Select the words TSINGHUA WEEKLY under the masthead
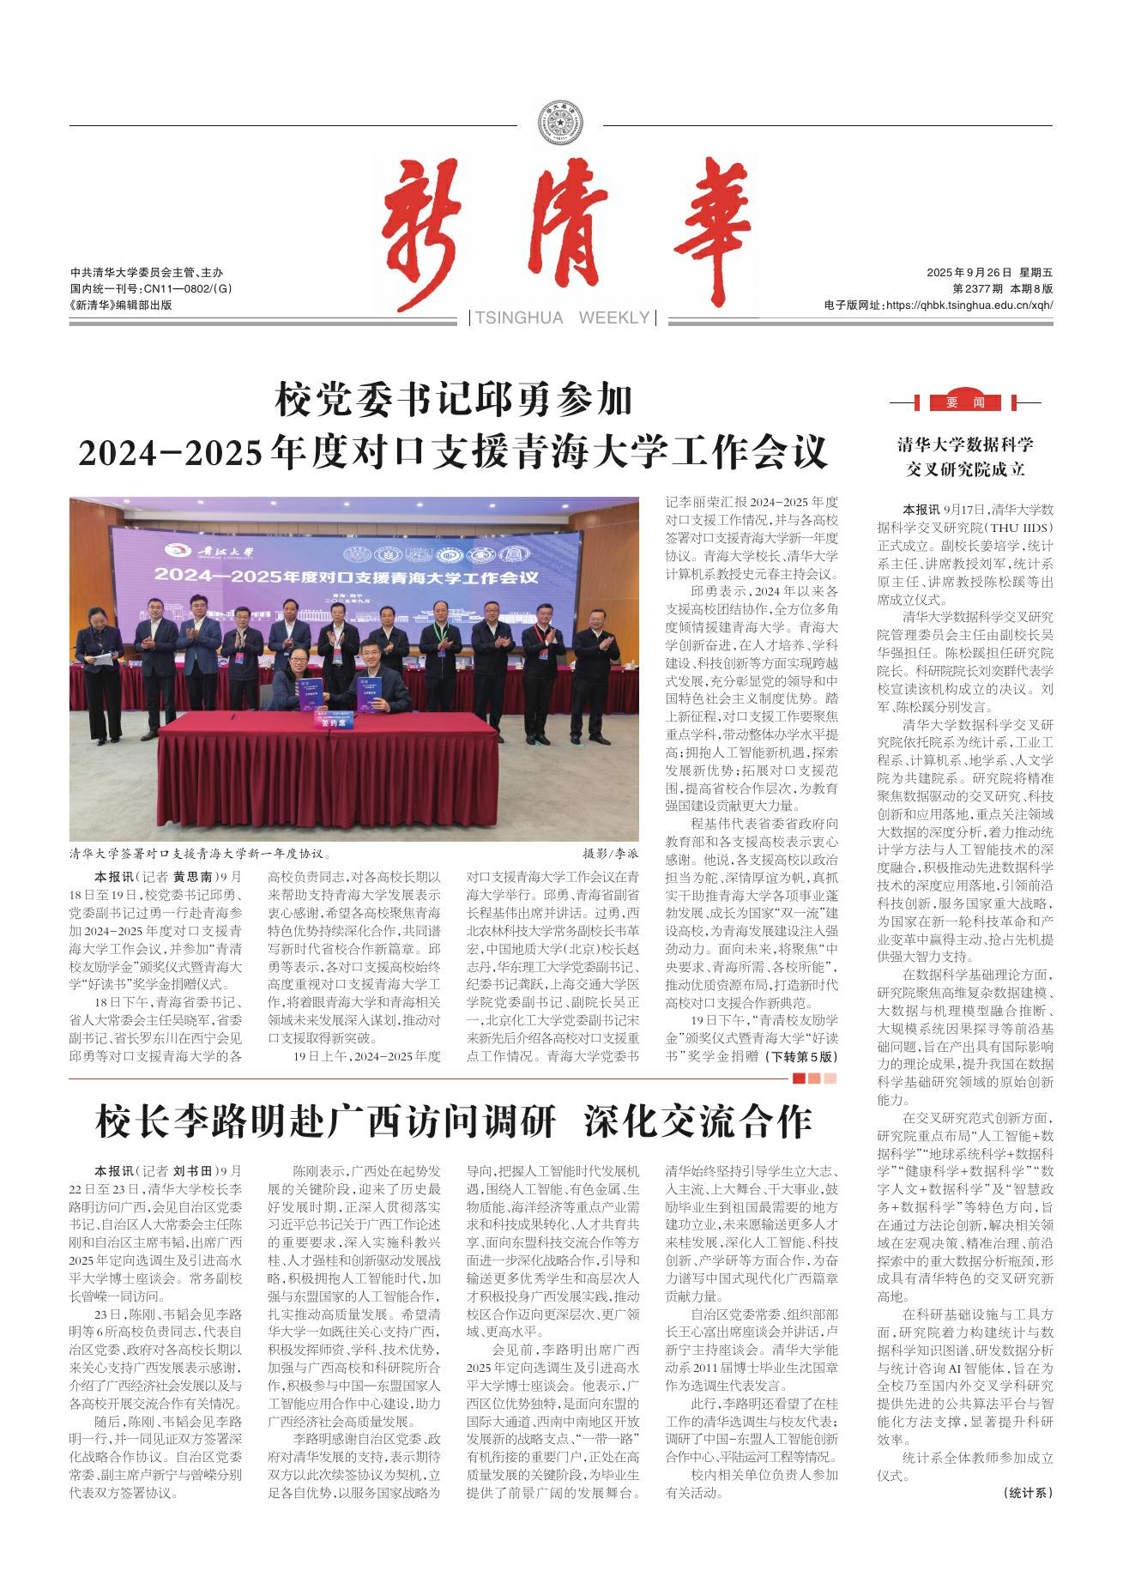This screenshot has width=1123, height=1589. coord(562,318)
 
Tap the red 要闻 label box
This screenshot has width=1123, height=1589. coord(965,402)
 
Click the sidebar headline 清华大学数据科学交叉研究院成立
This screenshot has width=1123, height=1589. coord(965,456)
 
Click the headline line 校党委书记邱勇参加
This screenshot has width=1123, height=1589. coord(453,400)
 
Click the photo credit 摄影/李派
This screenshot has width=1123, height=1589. coord(611,855)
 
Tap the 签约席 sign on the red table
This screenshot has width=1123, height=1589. coord(330,722)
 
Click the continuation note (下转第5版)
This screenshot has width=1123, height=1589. coord(801,1056)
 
